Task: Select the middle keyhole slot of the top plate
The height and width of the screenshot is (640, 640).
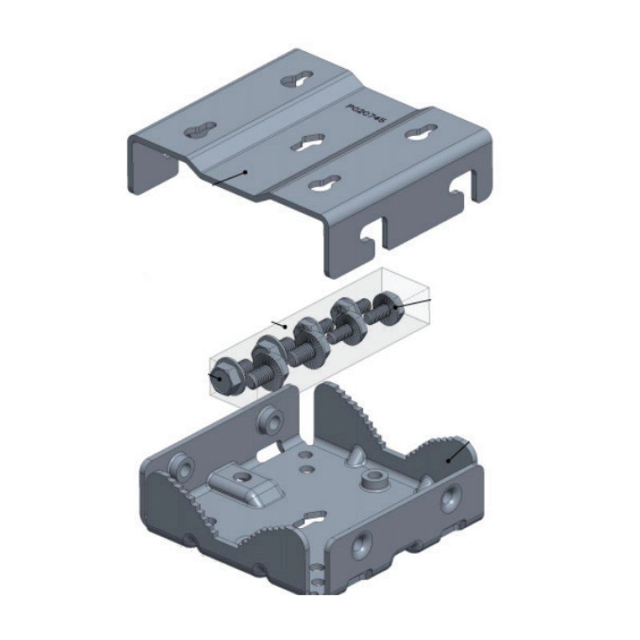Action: point(306,142)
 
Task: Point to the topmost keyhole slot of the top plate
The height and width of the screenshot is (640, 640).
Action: point(298,82)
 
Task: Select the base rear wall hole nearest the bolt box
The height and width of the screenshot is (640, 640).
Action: point(270,420)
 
